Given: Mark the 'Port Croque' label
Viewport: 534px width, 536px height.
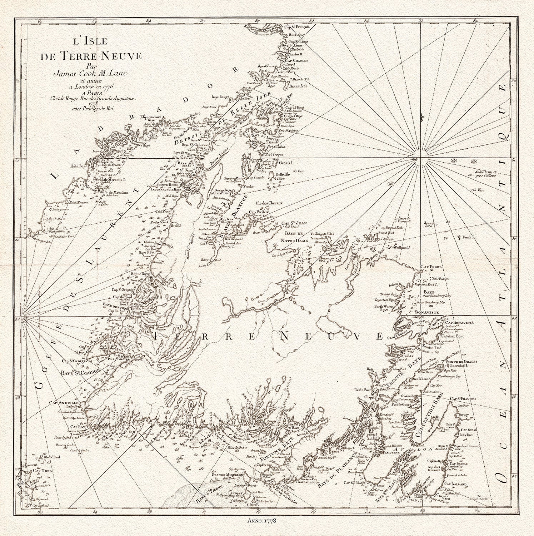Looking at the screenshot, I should (x=273, y=154).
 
